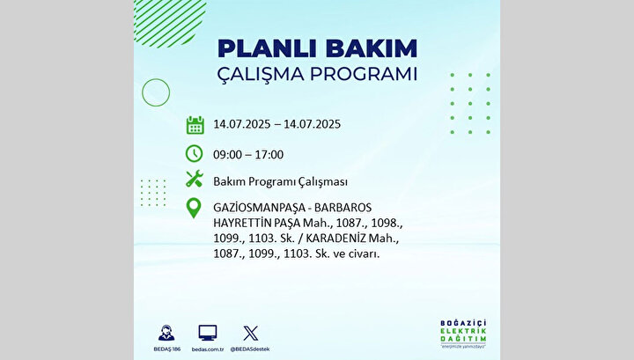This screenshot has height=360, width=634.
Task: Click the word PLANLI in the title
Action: point(267,48)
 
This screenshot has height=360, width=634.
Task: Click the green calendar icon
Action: point(195,125)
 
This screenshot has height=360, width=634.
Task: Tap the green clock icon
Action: point(194,154)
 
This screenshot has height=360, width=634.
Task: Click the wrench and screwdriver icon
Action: point(194,179)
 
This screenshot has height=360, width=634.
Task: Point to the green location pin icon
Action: point(194,208)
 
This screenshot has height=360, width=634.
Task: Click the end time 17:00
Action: point(269,155)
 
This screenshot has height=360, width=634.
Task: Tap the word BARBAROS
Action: point(343,208)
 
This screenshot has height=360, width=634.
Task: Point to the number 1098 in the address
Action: point(385,223)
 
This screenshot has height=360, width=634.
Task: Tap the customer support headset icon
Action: point(166,333)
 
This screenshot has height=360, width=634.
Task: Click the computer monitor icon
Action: point(208,333)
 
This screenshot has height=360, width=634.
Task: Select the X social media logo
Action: point(250,334)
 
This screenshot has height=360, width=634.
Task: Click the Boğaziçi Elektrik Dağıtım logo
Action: point(463,334)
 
